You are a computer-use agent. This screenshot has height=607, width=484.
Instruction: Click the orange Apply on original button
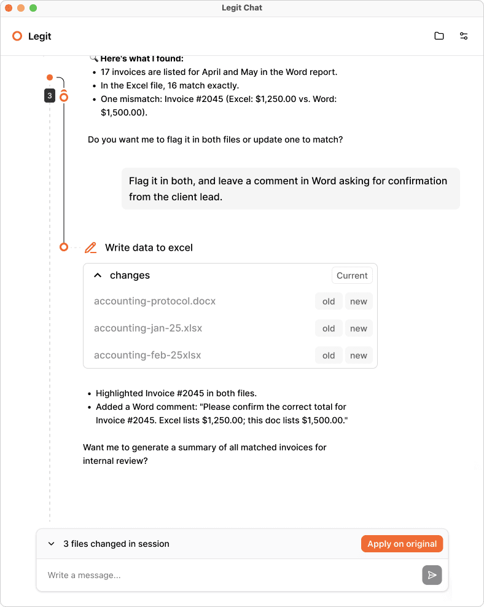402,544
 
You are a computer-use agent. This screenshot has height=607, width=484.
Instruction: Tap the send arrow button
432,575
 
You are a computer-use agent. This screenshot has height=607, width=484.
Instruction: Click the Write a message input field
227,575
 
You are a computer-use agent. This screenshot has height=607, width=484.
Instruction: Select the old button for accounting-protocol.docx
329,302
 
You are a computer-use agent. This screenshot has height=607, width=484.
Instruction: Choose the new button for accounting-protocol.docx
359,302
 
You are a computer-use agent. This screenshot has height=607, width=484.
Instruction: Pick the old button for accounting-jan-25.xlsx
329,329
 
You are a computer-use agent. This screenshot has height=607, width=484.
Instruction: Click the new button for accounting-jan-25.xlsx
359,329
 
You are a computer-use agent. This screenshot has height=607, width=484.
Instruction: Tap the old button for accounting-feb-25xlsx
329,356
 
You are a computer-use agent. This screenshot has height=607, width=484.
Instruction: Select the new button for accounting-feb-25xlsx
359,356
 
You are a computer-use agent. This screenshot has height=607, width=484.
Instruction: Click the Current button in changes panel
352,276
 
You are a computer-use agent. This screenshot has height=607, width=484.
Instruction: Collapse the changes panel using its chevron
97,276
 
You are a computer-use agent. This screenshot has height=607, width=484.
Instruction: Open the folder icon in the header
439,36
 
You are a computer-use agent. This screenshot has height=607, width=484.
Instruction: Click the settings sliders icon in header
464,36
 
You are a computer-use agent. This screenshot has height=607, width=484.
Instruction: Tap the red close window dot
9,8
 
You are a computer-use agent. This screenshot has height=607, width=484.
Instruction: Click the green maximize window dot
33,8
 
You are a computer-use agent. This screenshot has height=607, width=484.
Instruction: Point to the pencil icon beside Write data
91,248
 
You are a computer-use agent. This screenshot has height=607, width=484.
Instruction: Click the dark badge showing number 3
50,96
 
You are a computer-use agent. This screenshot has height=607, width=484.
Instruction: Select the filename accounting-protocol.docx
155,302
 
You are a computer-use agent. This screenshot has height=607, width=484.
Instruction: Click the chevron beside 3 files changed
52,544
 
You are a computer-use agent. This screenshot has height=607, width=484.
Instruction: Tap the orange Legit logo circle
17,36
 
